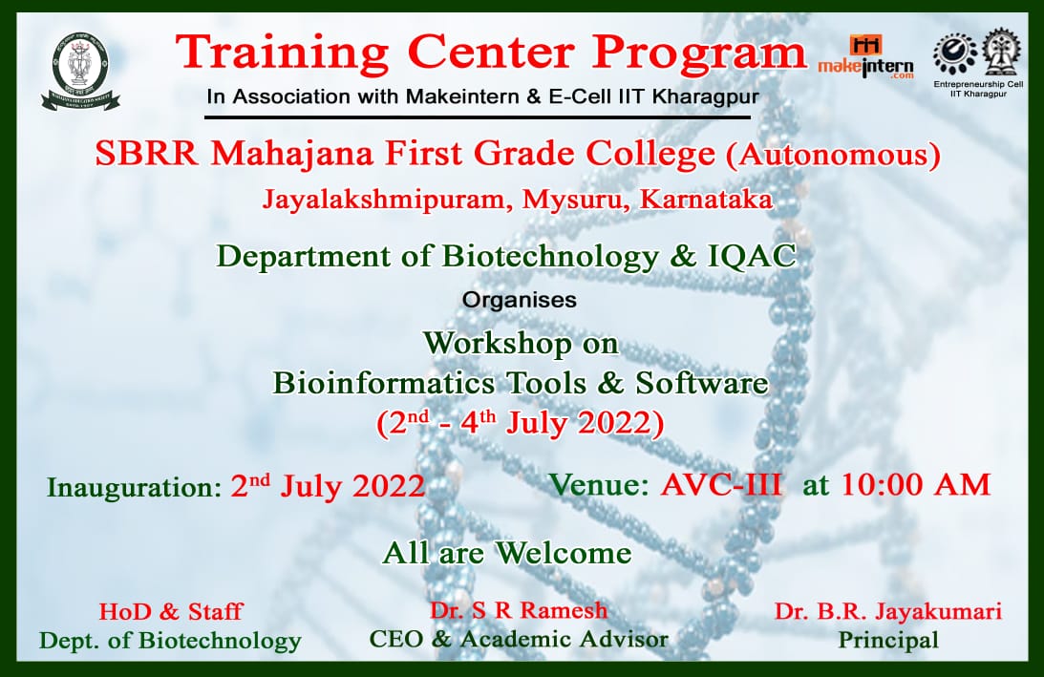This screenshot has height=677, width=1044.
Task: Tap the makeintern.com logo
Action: coord(865,57)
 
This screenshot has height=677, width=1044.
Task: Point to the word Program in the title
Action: coord(699,53)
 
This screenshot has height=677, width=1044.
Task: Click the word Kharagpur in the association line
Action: coord(706,97)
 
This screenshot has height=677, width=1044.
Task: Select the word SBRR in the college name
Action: coord(146,154)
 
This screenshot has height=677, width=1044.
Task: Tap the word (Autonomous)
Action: coord(833,155)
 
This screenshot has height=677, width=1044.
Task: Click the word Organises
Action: coord(520,300)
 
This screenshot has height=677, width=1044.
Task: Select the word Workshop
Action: coord(498,345)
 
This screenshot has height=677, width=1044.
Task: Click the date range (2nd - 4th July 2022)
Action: coord(521,423)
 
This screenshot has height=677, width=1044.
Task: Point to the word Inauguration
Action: coord(133,487)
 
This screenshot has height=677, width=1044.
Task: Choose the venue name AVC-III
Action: coord(721,485)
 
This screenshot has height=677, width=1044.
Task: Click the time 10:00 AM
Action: coord(916,485)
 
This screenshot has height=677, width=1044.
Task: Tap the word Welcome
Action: coord(564,553)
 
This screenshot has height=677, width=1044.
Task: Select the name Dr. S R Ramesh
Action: coord(519,610)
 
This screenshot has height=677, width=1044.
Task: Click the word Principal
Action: coord(888,640)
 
